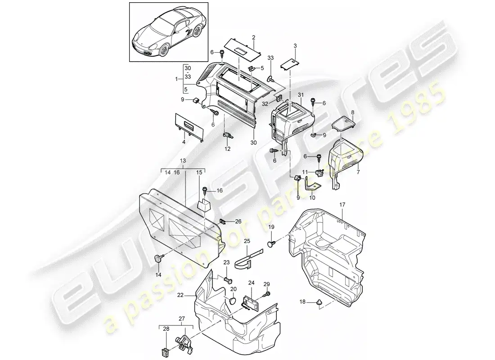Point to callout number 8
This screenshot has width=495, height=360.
(352, 112)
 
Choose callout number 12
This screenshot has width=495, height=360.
(227, 148)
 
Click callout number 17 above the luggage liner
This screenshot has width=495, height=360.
(342, 205)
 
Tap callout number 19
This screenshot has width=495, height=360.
(271, 228)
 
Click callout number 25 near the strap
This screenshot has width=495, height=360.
(247, 242)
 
